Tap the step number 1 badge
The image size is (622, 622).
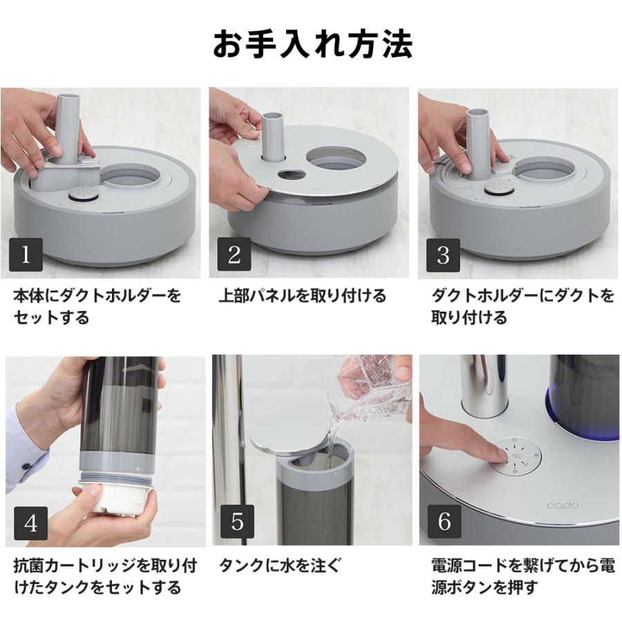click(26, 254)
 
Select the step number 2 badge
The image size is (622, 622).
click(234, 254)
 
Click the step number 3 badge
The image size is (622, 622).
click(443, 254)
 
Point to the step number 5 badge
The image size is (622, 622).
click(237, 522)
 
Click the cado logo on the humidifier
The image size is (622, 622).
click(563, 505)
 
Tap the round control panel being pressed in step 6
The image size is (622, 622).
click(515, 458)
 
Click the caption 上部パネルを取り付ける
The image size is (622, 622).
click(302, 296)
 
